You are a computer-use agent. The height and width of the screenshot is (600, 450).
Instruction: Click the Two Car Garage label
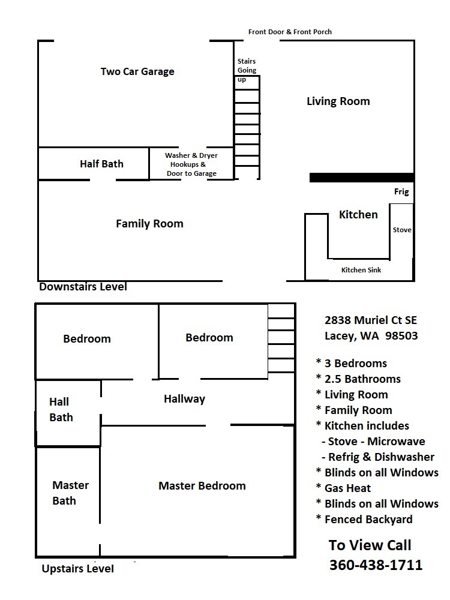point(137,71)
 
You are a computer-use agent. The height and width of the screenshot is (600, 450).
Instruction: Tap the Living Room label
point(338,101)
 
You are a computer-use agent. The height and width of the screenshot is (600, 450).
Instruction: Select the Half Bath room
point(94,164)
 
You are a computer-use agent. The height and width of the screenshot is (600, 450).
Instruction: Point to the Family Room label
point(149,224)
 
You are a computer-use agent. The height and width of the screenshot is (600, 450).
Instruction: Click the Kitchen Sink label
point(361,270)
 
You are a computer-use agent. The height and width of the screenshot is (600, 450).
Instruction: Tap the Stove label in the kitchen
point(402,230)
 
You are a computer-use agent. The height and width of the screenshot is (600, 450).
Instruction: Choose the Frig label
point(401,192)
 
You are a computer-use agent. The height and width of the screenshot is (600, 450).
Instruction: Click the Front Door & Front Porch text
point(290,32)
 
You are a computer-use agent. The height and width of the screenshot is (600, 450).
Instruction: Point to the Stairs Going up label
point(247,70)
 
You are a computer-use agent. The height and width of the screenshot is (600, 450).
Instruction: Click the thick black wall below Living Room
point(362,178)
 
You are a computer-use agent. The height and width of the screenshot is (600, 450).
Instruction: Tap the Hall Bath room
point(68,413)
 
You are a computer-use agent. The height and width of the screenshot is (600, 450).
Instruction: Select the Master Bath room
point(68,501)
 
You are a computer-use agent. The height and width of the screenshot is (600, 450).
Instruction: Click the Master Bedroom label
point(202,486)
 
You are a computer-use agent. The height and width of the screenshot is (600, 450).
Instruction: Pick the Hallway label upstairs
point(184,399)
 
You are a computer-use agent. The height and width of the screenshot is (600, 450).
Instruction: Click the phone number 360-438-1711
point(376,565)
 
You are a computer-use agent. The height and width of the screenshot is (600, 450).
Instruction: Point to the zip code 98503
point(401,335)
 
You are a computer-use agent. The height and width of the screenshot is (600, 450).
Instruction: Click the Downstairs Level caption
point(83,287)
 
